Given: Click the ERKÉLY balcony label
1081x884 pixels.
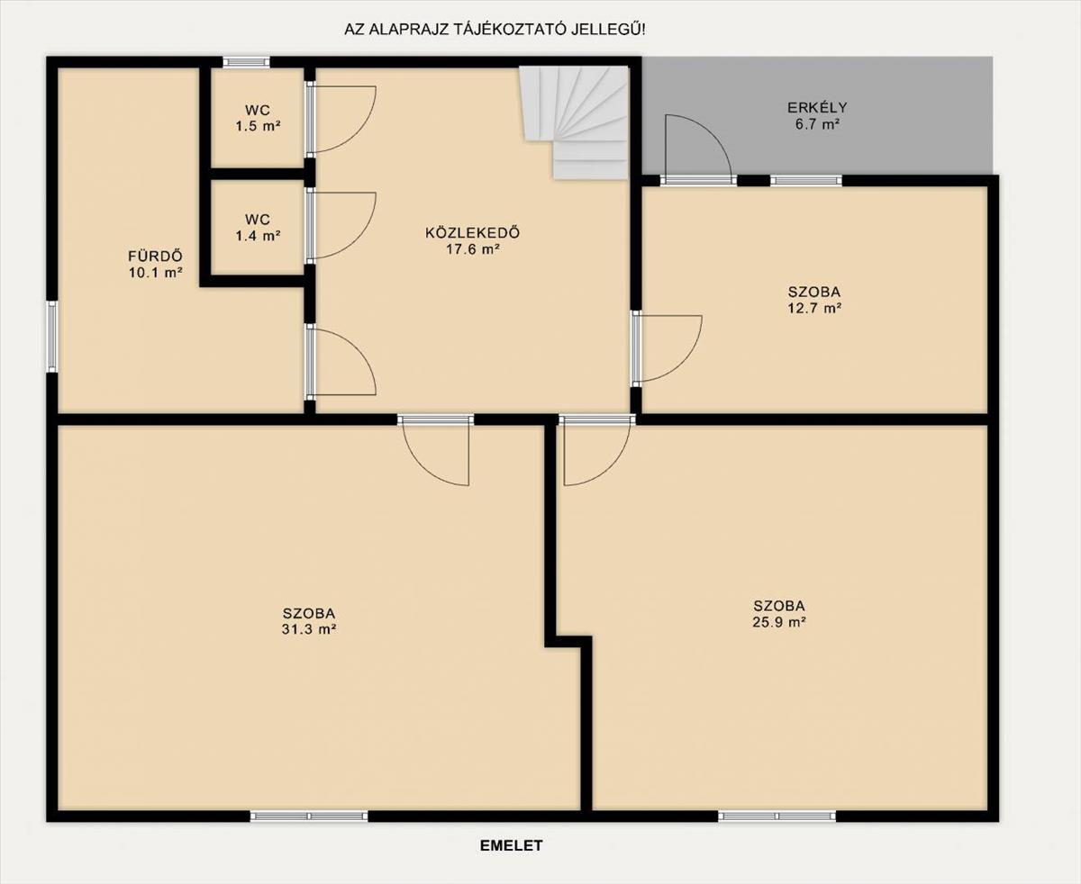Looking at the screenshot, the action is [817, 108].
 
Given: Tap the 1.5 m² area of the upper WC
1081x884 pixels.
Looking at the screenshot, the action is [258, 126].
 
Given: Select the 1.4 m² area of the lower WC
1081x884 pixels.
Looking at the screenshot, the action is [258, 236].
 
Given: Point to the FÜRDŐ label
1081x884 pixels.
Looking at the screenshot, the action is [155, 256].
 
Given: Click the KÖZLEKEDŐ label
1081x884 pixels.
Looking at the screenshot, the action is [473, 233].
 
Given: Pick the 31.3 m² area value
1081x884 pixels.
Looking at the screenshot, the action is [309, 629].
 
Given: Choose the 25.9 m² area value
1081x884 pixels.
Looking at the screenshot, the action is [779, 622].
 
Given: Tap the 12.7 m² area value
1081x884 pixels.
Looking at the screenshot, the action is [814, 309].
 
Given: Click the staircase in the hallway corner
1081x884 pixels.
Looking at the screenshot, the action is [574, 123].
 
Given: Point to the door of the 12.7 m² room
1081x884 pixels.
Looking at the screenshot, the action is [668, 348].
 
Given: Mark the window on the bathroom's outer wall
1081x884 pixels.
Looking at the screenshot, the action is [51, 336].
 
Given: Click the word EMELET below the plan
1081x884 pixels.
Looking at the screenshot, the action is [511, 845].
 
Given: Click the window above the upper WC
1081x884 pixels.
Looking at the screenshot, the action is [246, 62].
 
